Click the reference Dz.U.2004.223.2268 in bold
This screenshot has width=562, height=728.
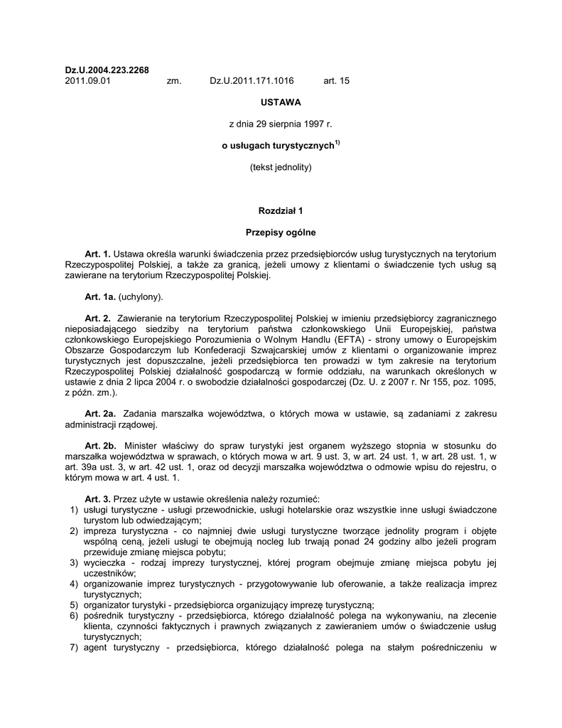(107, 70)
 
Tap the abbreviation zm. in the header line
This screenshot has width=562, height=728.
(174, 81)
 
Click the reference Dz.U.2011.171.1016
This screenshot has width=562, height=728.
(252, 81)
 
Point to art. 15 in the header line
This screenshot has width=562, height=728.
(336, 81)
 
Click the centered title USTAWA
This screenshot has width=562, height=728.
(281, 102)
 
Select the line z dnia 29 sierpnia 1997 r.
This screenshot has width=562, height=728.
(281, 124)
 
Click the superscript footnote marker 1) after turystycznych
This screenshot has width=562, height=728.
(337, 144)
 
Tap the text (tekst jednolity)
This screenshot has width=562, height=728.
(281, 168)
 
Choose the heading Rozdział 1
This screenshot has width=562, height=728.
(281, 211)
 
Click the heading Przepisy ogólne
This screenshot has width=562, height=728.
(281, 232)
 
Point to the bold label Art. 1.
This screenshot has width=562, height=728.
(97, 254)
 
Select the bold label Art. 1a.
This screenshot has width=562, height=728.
(99, 296)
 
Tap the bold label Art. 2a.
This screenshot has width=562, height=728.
(100, 414)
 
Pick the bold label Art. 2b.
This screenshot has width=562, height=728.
(100, 446)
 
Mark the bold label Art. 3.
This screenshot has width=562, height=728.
(97, 499)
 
